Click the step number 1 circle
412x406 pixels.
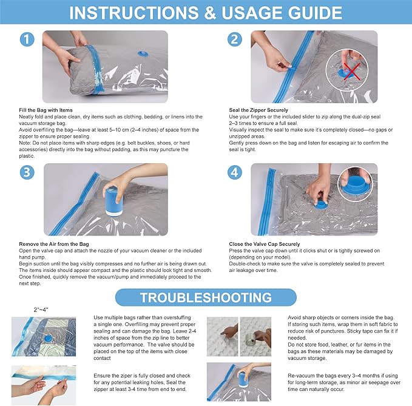pyautogui.click(x=27, y=40)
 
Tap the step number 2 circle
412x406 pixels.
pyautogui.click(x=235, y=40)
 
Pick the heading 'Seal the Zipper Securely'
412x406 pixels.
pyautogui.click(x=258, y=110)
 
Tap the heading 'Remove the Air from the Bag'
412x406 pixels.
pyautogui.click(x=53, y=244)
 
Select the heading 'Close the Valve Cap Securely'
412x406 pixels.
pyautogui.click(x=264, y=244)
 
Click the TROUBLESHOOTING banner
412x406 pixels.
pyautogui.click(x=206, y=297)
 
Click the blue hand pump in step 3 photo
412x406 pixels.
pyautogui.click(x=113, y=201)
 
